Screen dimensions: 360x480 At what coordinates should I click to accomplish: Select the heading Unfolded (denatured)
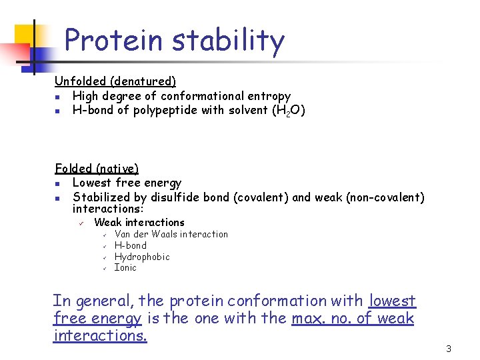[115, 81]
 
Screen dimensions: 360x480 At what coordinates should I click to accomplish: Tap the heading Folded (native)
[97, 169]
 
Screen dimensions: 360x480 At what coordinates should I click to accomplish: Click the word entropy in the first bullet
[267, 96]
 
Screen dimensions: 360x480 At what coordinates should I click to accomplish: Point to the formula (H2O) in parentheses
[287, 111]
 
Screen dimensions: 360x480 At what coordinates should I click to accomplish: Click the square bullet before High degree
[59, 97]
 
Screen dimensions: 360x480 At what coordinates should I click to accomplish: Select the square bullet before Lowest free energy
[59, 183]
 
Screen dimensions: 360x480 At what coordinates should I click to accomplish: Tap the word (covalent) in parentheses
[263, 197]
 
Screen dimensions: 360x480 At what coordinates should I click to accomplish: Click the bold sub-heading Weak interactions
[139, 223]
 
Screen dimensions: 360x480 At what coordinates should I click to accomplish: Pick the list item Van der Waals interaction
[171, 234]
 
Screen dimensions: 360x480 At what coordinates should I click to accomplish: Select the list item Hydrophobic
[142, 257]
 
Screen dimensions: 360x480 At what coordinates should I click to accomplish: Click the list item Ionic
[125, 268]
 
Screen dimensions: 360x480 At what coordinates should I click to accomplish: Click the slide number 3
[449, 349]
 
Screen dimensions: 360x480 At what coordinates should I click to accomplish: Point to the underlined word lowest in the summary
[392, 301]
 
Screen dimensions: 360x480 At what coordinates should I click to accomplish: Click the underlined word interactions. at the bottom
[100, 336]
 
